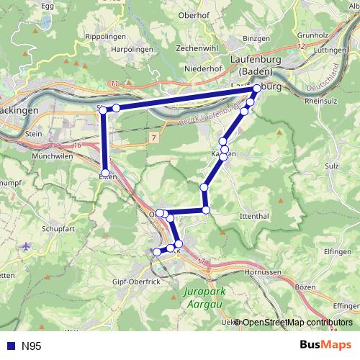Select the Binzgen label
[256, 37]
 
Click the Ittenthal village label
[255, 216]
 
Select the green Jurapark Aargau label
[204, 299]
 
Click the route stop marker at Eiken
[105, 173]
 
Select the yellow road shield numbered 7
[153, 137]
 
